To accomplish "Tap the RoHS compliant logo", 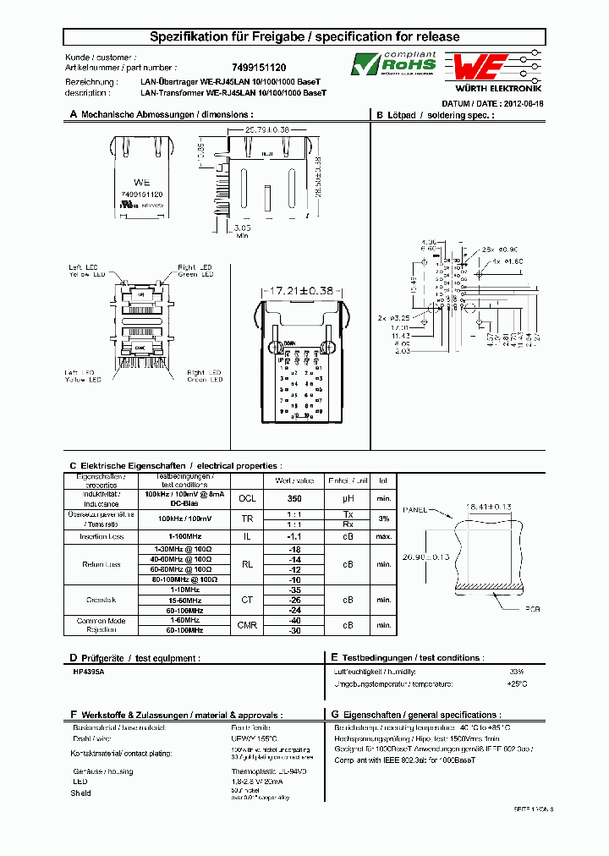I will pos(394,63).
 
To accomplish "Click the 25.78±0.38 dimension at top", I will pos(267,129).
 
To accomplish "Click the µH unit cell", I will pos(348,498).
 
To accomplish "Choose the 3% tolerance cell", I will pos(384,519).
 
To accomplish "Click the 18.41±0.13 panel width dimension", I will pos(490,508).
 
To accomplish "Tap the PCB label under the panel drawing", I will pos(531,608).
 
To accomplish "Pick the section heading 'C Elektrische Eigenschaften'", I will pos(175,465).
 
